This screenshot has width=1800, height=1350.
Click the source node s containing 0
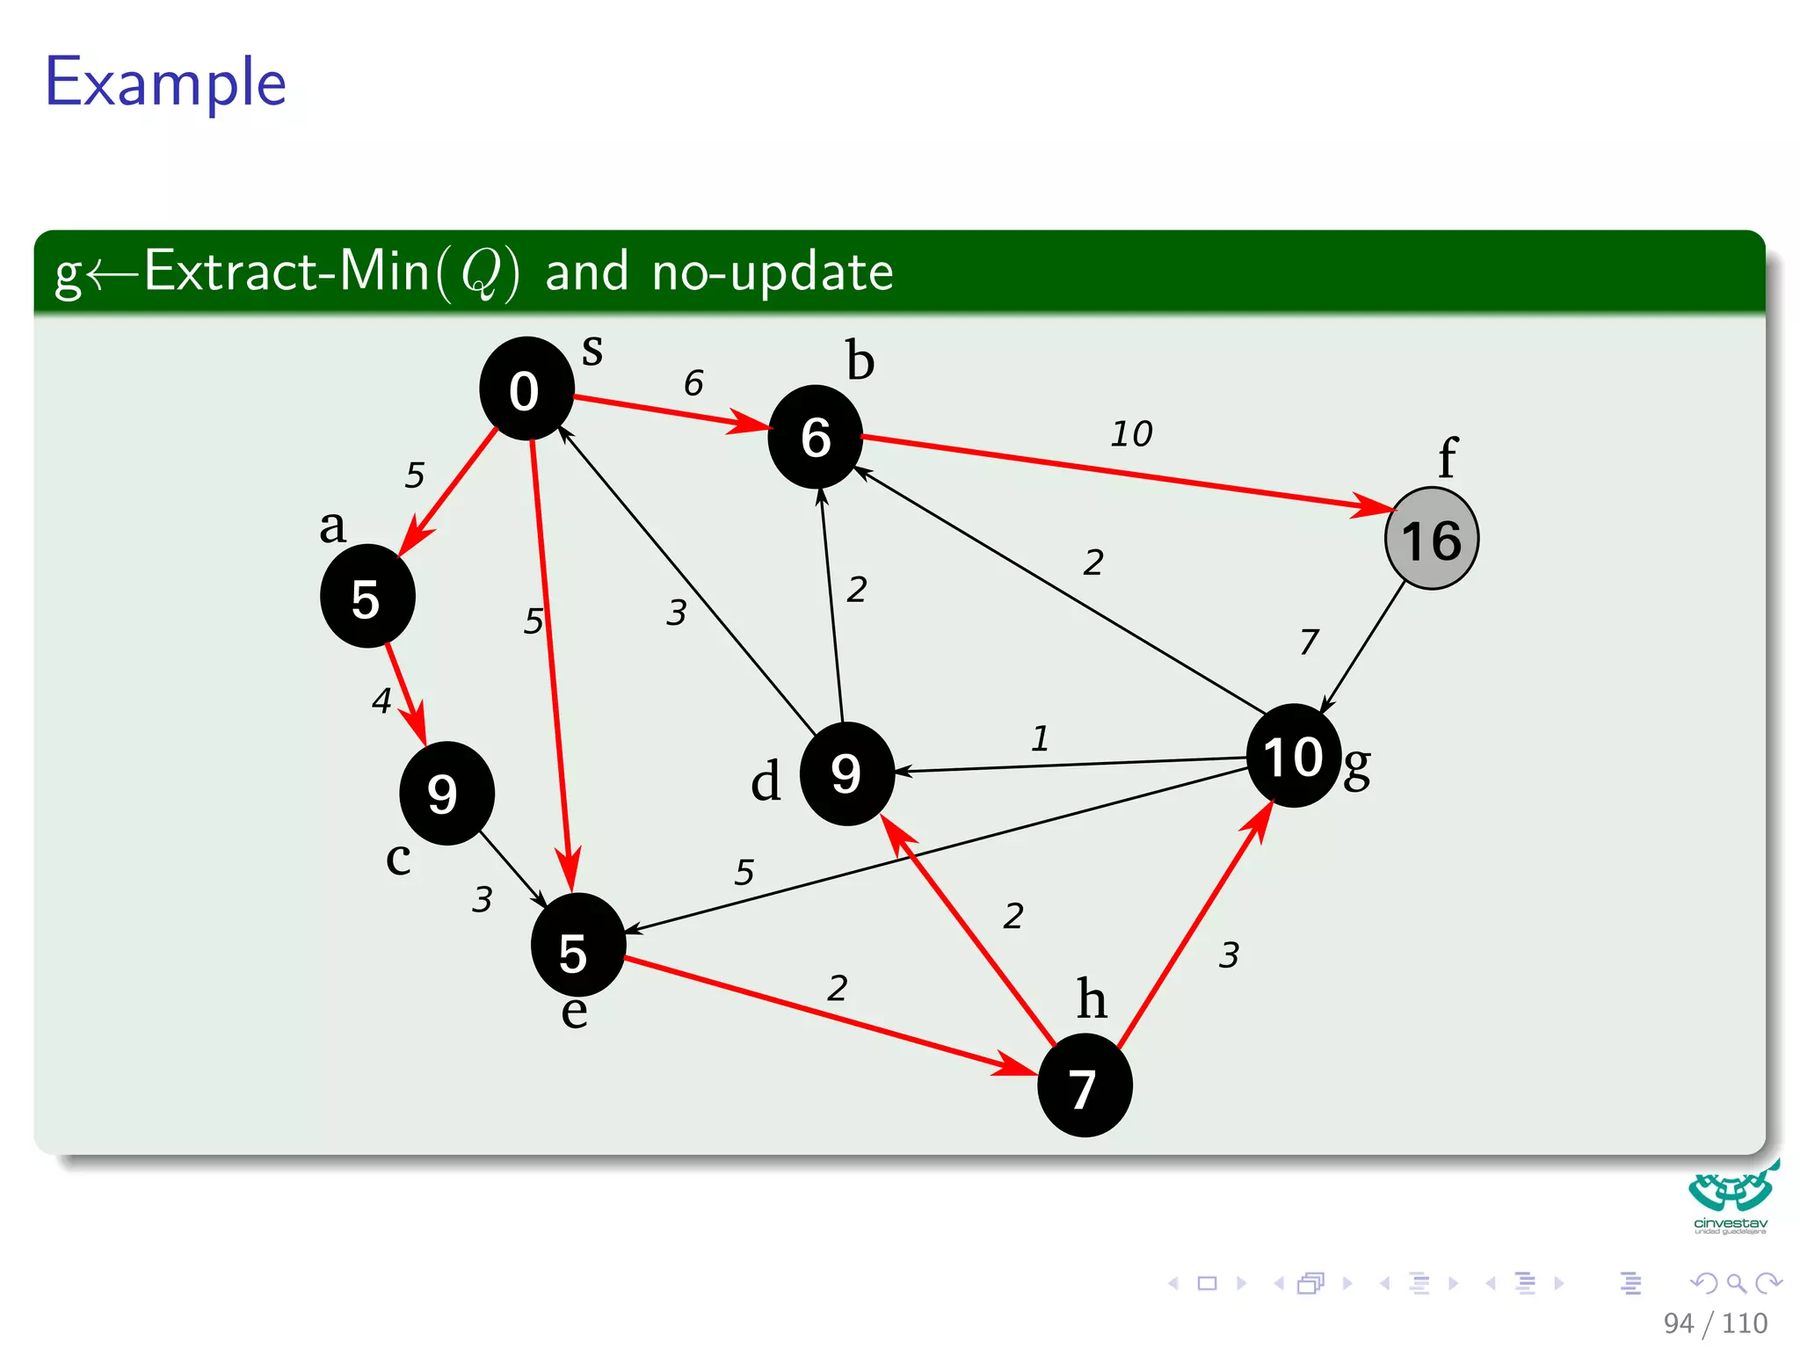tap(526, 388)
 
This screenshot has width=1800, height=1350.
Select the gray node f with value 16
tap(1431, 539)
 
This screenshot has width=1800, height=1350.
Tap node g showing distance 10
tap(1293, 756)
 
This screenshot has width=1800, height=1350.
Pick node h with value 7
tap(1085, 1086)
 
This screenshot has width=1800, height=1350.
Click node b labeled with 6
tap(815, 437)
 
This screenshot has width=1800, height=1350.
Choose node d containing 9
tap(846, 773)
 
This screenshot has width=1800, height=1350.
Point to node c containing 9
tap(446, 793)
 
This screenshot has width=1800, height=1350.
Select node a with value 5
tap(367, 597)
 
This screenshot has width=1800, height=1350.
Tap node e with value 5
tap(577, 946)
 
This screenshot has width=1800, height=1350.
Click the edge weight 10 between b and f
tap(1131, 433)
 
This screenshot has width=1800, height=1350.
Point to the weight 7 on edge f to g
tap(1309, 641)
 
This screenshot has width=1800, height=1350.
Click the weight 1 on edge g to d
tap(1041, 738)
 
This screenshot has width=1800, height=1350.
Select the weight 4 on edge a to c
tap(381, 700)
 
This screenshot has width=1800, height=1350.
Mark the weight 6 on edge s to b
tap(693, 382)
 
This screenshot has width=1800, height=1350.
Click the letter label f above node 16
tap(1447, 458)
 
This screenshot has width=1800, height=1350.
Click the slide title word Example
tap(166, 82)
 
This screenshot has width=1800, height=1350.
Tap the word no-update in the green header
tap(772, 272)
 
